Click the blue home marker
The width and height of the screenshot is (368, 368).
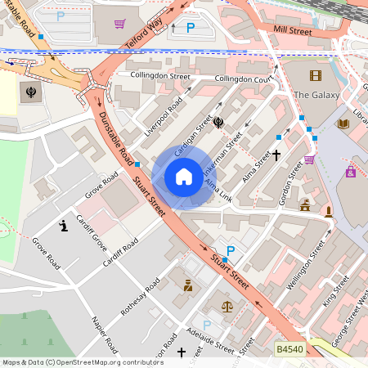pos(184,177)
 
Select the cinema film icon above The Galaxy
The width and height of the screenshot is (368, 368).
pos(316,75)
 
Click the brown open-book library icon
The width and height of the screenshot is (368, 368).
pos(343,123)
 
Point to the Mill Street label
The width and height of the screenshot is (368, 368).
pos(293,30)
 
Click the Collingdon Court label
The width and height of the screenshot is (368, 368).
pos(243,79)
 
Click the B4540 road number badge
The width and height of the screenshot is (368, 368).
pos(289,349)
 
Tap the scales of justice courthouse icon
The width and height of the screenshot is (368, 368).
pos(227,307)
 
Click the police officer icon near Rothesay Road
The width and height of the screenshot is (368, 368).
pos(187,285)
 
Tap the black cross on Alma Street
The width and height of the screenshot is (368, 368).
pos(276,154)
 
